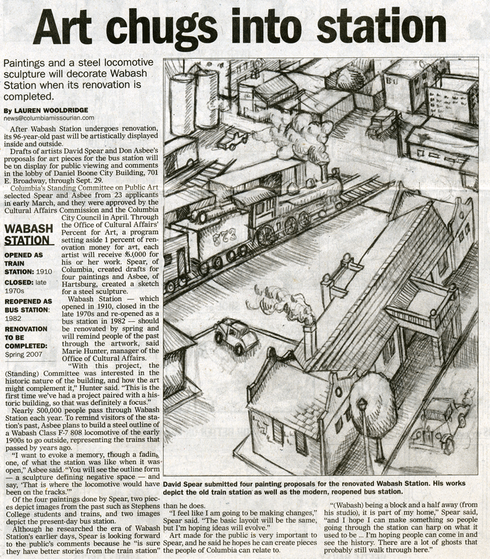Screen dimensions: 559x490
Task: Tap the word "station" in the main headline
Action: (x=376, y=27)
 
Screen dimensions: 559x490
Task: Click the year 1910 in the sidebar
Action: (x=44, y=271)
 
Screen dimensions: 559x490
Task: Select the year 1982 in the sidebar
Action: (x=13, y=318)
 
